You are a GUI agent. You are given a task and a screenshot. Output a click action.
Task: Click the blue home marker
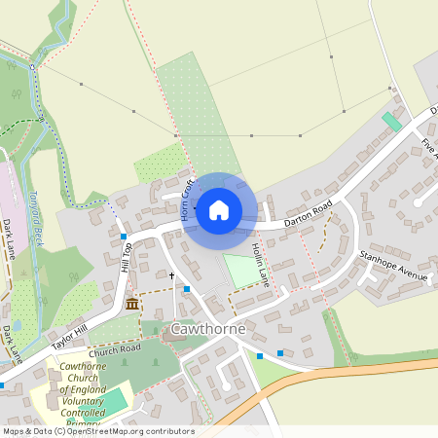pyautogui.click(x=219, y=209)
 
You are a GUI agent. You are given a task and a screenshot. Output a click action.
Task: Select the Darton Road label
pyautogui.click(x=309, y=213)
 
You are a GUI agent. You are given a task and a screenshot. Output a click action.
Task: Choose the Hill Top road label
pyautogui.click(x=126, y=257)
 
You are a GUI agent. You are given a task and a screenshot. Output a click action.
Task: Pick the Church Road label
pyautogui.click(x=117, y=347)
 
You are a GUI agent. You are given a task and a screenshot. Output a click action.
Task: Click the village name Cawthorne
pyautogui.click(x=207, y=329)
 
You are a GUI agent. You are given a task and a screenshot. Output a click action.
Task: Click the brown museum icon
pyautogui.click(x=131, y=306)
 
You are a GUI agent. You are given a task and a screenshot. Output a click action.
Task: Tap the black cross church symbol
pyautogui.click(x=172, y=276)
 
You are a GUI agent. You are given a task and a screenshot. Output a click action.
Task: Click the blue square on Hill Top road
pyautogui.click(x=124, y=237)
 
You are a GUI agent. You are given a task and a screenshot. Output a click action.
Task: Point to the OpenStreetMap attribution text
pyautogui.click(x=97, y=430)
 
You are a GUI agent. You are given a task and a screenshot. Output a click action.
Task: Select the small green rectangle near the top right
pyautogui.click(x=392, y=123)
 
